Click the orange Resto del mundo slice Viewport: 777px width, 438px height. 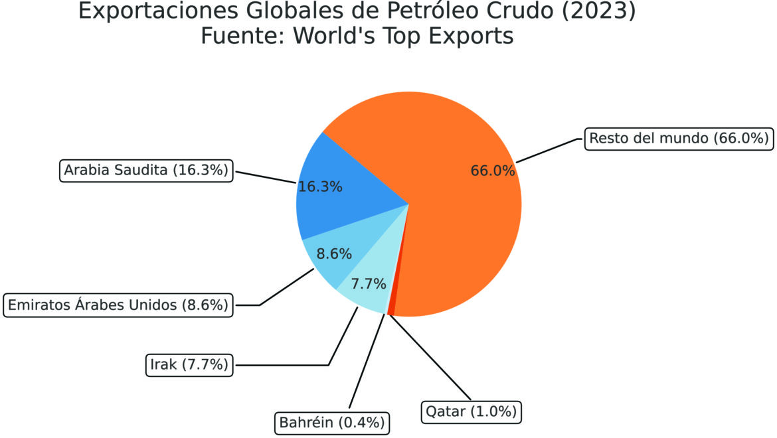458,219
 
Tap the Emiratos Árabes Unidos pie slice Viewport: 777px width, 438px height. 332,256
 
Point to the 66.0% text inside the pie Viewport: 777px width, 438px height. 493,171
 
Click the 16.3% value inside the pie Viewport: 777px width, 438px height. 320,187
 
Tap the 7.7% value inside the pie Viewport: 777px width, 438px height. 369,285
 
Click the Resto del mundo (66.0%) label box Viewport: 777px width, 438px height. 679,139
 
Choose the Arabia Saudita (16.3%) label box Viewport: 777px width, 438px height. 146,171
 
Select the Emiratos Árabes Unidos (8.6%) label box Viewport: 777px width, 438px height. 118,305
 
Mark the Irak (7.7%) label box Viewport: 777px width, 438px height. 189,364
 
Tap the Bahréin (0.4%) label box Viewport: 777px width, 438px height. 331,422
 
